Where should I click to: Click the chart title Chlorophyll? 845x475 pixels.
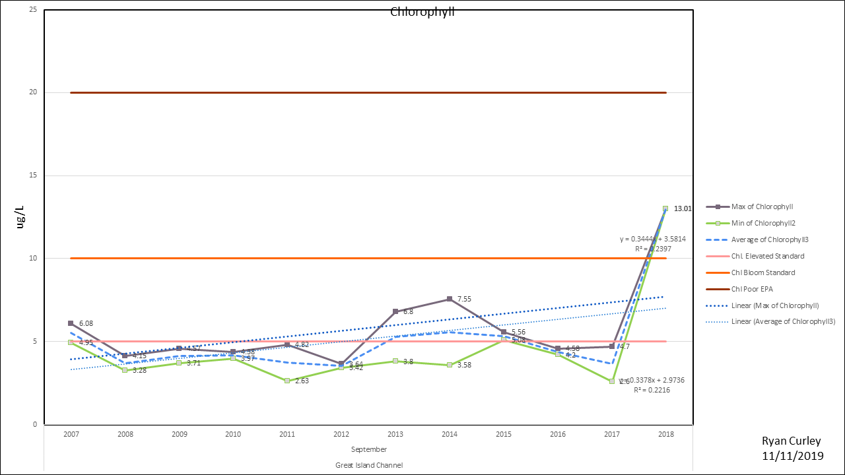(422, 12)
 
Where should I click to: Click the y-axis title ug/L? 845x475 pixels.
(20, 217)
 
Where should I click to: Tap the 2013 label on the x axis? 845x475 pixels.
(395, 435)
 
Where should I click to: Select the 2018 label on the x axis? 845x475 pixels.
(665, 435)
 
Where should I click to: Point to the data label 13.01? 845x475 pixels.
(683, 208)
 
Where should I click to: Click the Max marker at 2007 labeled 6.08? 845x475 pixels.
(71, 323)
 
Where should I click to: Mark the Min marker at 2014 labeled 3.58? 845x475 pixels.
(450, 365)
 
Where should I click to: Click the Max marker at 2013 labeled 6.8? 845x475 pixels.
(395, 311)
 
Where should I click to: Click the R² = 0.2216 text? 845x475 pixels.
(652, 390)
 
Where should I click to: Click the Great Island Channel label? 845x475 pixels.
(369, 465)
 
